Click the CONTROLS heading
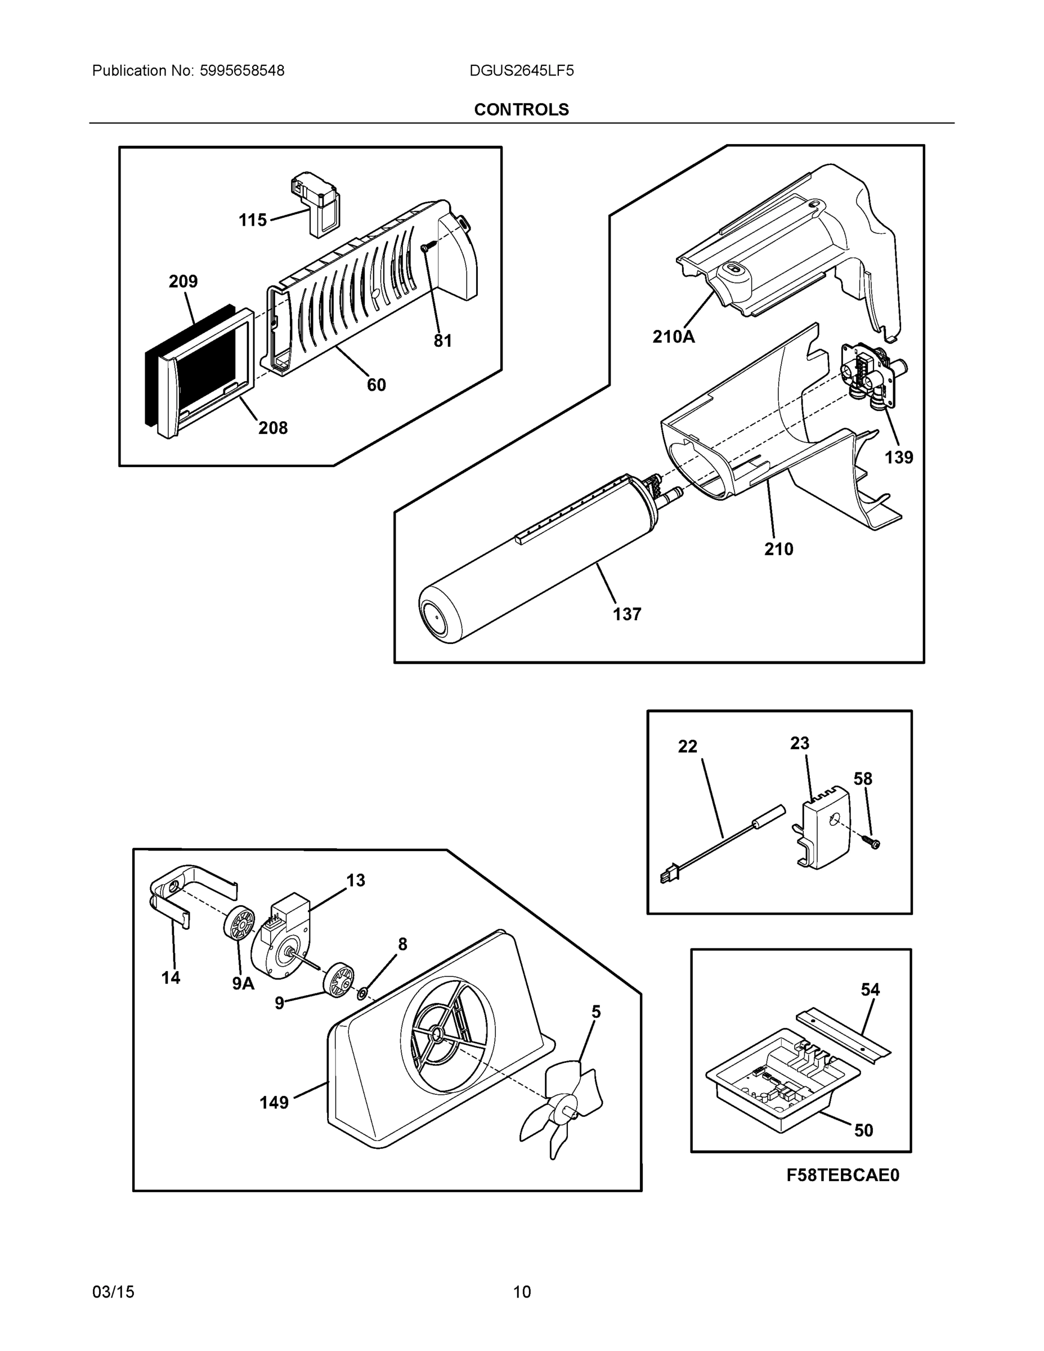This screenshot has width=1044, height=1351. click(x=521, y=110)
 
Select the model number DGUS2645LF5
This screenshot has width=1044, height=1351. click(x=521, y=70)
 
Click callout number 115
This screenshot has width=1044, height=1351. click(x=252, y=220)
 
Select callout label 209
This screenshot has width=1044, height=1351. click(x=183, y=281)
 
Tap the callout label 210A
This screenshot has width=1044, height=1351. click(x=673, y=337)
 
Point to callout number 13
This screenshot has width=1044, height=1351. click(x=355, y=880)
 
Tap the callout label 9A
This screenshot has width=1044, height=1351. click(x=243, y=983)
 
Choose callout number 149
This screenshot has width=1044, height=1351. click(x=274, y=1102)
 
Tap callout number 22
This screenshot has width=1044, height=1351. click(x=687, y=746)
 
